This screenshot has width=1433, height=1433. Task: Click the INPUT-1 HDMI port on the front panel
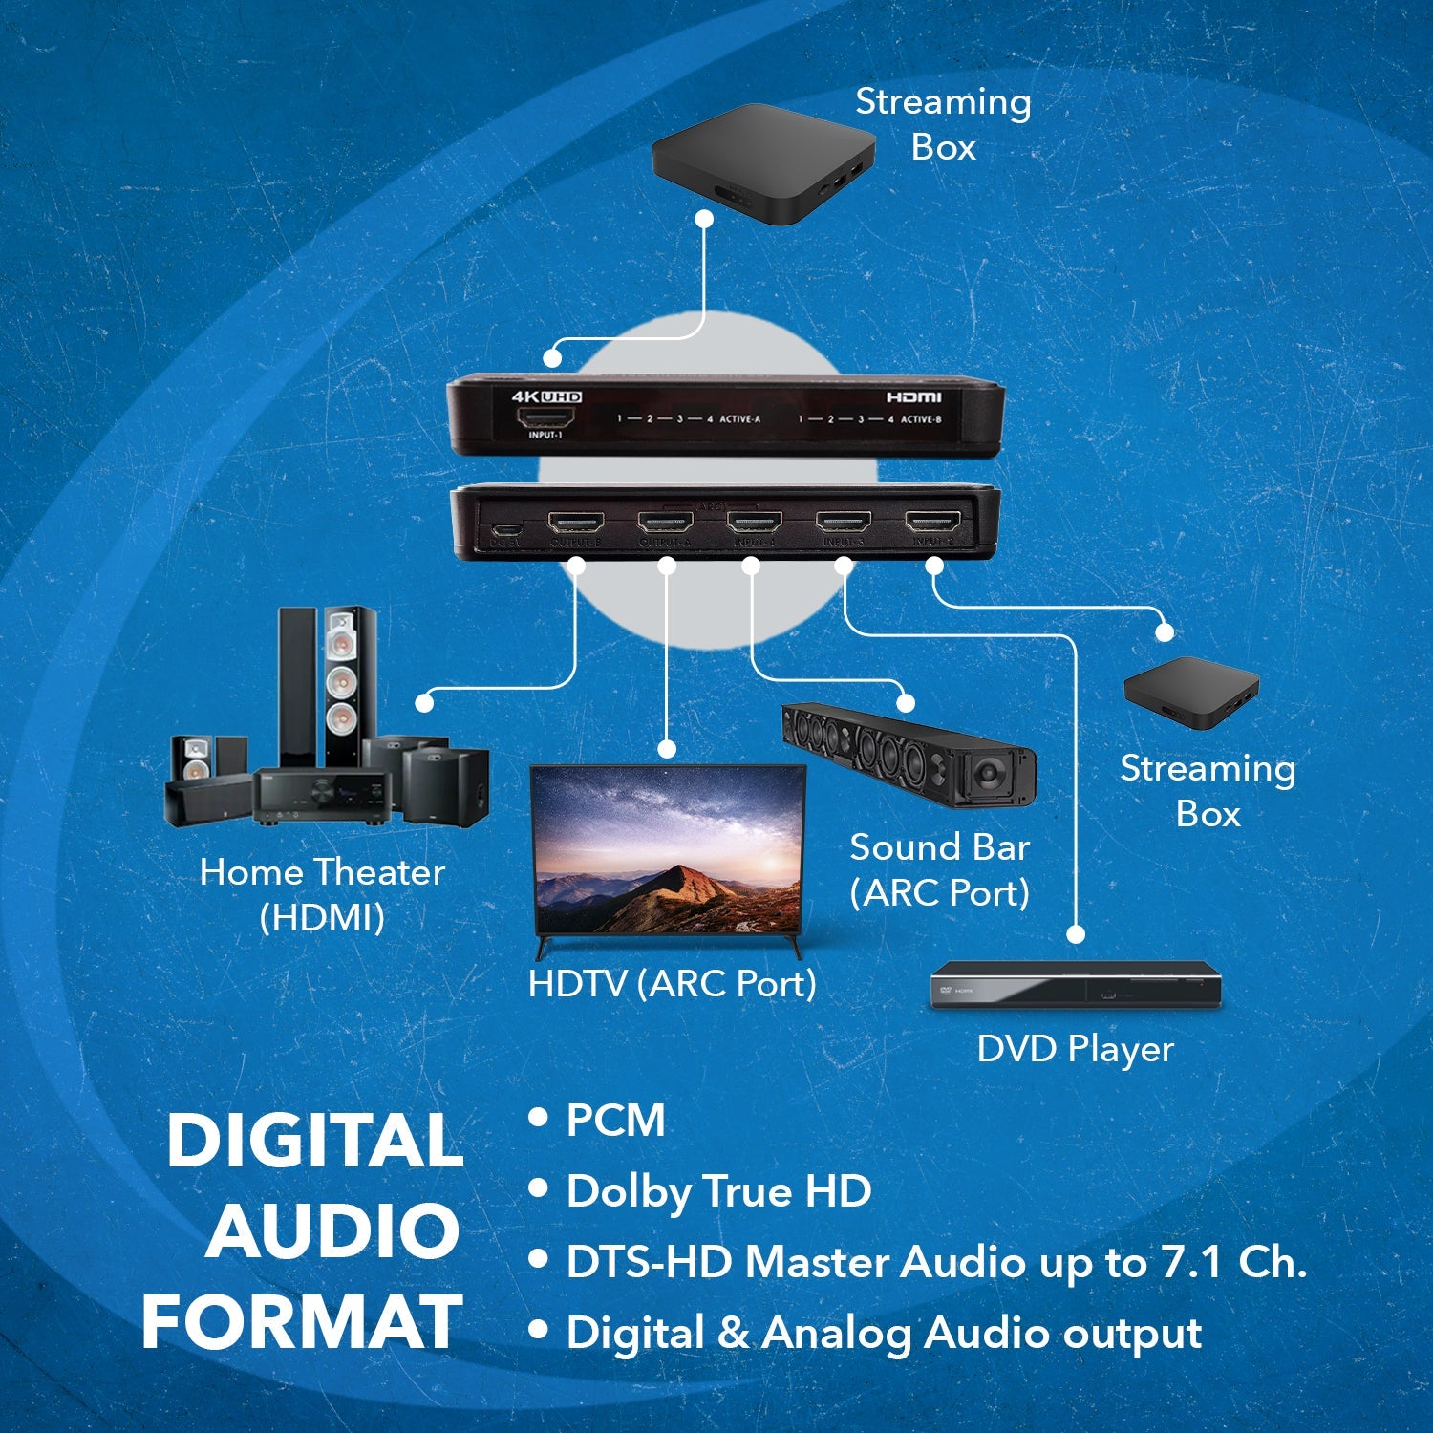pos(545,417)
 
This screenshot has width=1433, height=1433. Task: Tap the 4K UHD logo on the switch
pos(546,396)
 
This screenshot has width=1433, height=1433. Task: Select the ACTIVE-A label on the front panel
pos(740,419)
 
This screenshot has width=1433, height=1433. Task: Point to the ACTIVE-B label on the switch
pos(921,419)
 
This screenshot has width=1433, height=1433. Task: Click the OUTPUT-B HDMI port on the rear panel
pos(575,523)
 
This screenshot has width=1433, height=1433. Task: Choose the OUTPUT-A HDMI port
pos(665,523)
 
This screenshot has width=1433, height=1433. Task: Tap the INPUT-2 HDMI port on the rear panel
pos(933,523)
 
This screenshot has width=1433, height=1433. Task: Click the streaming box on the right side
pos(1190,693)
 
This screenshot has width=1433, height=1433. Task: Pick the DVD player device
pos(1076,986)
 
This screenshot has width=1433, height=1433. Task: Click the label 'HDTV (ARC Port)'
pos(672,983)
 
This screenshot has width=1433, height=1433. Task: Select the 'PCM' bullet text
pos(615,1120)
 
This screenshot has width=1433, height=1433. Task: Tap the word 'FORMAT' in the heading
pos(302,1323)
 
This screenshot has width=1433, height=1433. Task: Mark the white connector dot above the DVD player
pos(1077,933)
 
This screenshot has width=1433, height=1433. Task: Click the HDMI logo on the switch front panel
pos(913,396)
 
